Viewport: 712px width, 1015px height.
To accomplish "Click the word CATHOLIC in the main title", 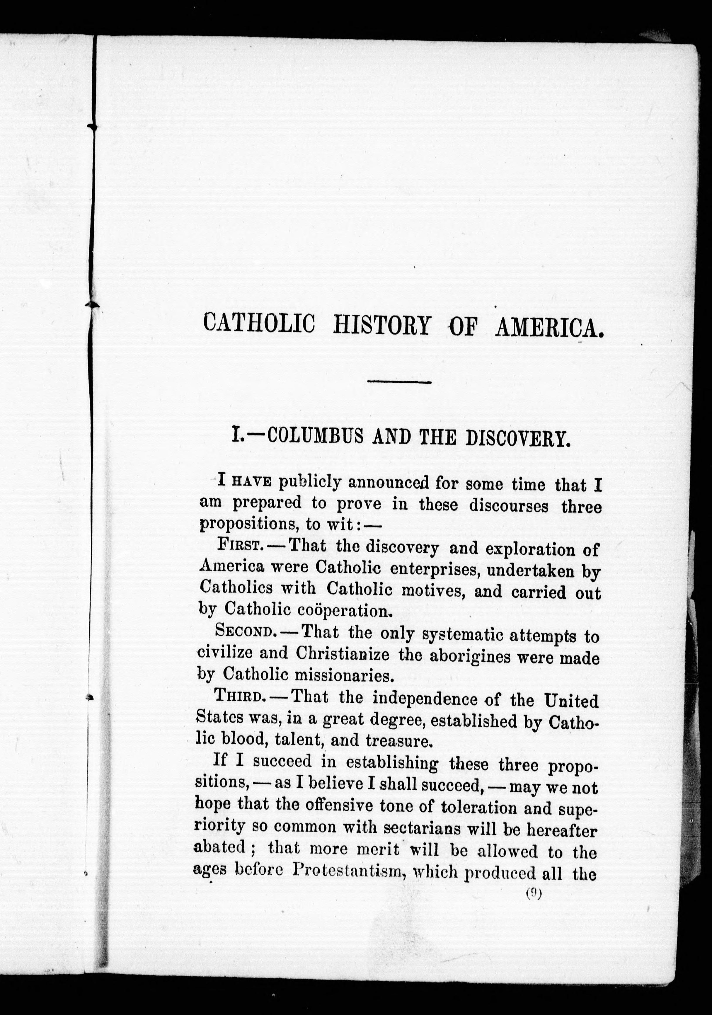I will pyautogui.click(x=259, y=324).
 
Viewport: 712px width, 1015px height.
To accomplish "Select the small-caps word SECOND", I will pyautogui.click(x=243, y=631).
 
